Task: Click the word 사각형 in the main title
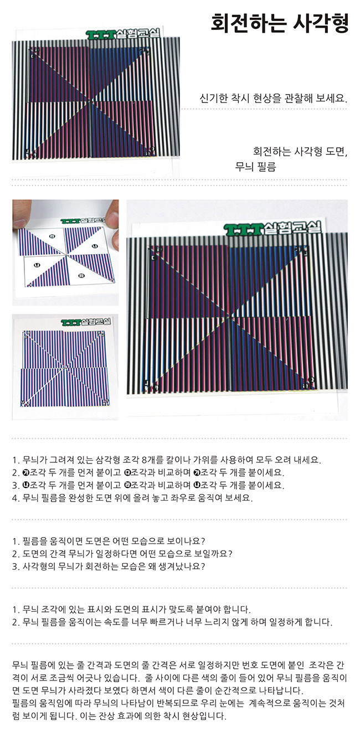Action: coord(321,23)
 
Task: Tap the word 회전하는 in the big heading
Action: coord(249,23)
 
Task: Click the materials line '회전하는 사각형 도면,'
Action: coord(300,151)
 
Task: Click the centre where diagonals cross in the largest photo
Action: coord(232,316)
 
